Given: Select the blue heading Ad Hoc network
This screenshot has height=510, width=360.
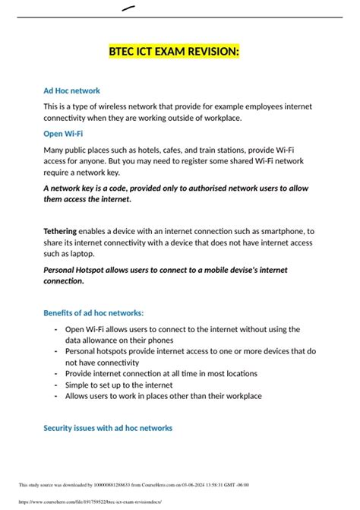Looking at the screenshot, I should click(x=72, y=91).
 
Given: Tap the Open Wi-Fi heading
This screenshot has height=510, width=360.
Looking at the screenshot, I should click(x=63, y=134).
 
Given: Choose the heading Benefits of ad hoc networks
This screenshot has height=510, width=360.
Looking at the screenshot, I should click(x=93, y=313).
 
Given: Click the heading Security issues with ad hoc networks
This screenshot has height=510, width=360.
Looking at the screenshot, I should click(x=108, y=428).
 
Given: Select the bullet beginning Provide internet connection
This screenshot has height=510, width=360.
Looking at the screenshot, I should click(x=161, y=374).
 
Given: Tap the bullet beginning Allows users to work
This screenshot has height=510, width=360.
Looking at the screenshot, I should click(x=163, y=396).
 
